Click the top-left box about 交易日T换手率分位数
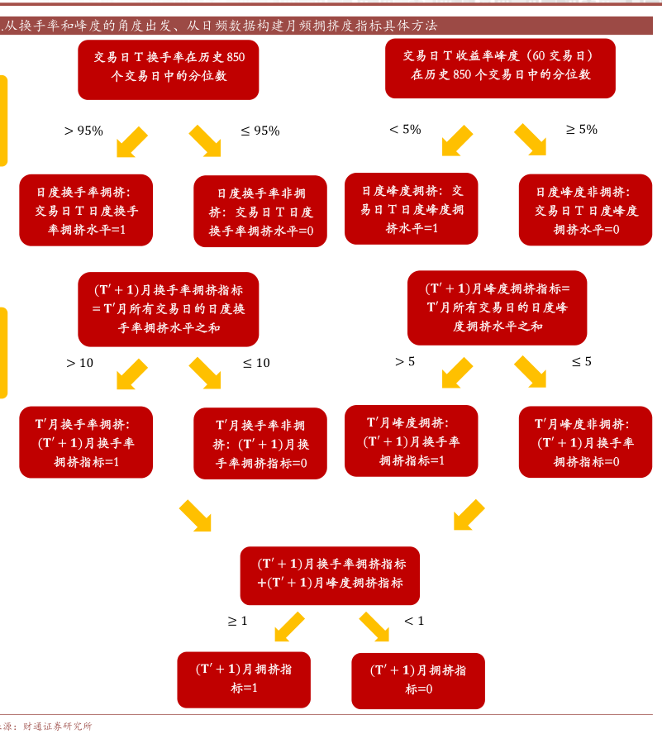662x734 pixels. coord(169,68)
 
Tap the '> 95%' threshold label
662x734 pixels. coord(83,131)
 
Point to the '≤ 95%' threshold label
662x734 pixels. coord(260,131)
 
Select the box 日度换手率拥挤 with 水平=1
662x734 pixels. coord(86,210)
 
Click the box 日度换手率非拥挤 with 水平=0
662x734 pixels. coord(260,212)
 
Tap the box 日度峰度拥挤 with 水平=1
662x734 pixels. coord(412,209)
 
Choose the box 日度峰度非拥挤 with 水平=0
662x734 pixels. coord(586,210)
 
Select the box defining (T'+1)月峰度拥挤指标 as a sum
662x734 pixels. coord(498,307)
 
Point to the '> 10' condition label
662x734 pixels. coord(80,363)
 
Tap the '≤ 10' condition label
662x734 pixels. coord(256,363)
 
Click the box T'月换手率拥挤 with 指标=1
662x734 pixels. coord(86,442)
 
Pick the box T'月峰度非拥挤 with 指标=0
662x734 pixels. coord(586,442)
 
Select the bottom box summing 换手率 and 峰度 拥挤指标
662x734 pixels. coord(330,574)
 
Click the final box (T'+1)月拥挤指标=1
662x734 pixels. coord(245,679)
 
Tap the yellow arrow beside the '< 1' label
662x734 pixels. coord(374,627)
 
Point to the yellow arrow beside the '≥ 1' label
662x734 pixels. coord(288,627)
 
